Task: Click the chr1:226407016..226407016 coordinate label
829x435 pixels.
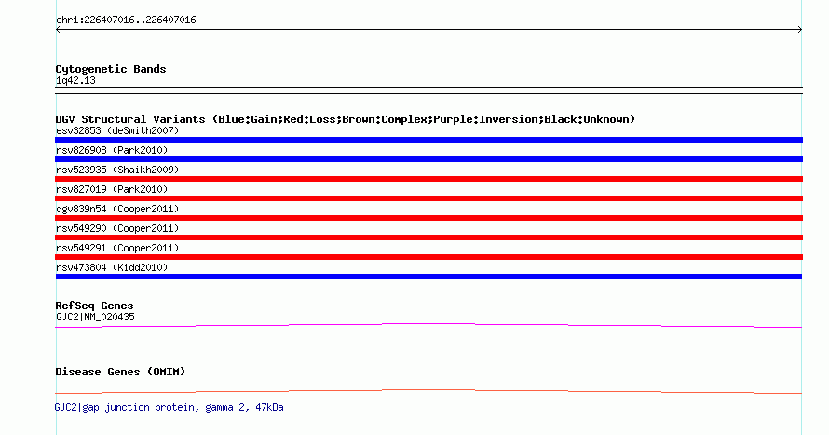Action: click(x=126, y=20)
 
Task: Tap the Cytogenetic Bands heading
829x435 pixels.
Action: click(x=111, y=69)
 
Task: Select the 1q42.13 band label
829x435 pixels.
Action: click(x=75, y=80)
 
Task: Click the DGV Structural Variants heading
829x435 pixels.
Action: click(x=345, y=119)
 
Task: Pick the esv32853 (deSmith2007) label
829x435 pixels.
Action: click(x=117, y=130)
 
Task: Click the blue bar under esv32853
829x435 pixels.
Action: click(x=428, y=140)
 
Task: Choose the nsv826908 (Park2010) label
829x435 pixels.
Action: click(x=112, y=150)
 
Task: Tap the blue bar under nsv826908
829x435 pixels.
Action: click(x=428, y=159)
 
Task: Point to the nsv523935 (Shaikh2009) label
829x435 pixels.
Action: click(x=117, y=170)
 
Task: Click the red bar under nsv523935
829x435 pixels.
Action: click(x=428, y=179)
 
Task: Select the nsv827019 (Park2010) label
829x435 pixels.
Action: click(x=112, y=189)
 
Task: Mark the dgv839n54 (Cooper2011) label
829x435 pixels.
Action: click(x=117, y=209)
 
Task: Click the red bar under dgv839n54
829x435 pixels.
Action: click(x=428, y=218)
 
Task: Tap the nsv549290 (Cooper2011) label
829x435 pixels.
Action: click(x=117, y=228)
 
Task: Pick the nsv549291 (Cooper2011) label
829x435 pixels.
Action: click(x=117, y=248)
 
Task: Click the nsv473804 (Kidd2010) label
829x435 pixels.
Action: click(x=112, y=267)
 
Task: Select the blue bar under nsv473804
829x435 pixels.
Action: click(x=428, y=277)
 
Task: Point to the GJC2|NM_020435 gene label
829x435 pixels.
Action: click(x=95, y=317)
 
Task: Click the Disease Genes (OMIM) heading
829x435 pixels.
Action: click(x=120, y=372)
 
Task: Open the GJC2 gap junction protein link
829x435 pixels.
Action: click(x=170, y=407)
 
